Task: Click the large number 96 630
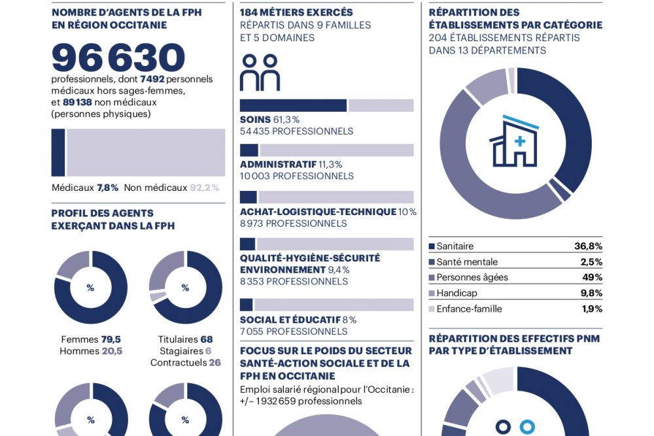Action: point(118,58)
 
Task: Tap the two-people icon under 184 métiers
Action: point(260,73)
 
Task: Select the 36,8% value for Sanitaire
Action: point(588,246)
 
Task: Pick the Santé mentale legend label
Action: point(466,262)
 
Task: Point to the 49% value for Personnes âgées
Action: point(592,278)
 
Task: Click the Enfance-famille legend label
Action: point(469,309)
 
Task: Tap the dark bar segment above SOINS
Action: point(293,105)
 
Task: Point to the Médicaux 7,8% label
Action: point(85,188)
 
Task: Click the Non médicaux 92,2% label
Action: point(171,188)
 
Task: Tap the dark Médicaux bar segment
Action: point(58,152)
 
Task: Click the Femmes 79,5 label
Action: point(91,339)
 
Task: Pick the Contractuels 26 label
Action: point(185,363)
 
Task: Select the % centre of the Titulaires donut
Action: point(185,288)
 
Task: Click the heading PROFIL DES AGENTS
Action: point(103,213)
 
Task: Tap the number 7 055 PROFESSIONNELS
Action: point(293,332)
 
